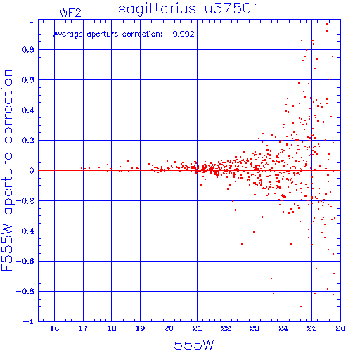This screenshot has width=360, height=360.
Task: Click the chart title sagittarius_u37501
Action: (x=188, y=9)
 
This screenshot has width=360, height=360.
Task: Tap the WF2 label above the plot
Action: (x=70, y=13)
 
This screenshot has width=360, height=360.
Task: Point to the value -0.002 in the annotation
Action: (x=181, y=34)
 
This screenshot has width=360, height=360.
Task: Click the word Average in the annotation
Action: (x=68, y=34)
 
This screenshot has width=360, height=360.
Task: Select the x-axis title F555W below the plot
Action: (x=190, y=345)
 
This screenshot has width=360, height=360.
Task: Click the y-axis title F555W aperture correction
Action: (x=7, y=170)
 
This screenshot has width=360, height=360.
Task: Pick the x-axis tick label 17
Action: (x=83, y=328)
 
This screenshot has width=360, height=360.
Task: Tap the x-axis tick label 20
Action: (x=169, y=328)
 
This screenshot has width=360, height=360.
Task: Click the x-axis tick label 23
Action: (x=255, y=328)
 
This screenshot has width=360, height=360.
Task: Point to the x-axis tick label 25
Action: (x=311, y=328)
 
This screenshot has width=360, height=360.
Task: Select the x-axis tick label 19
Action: (x=140, y=328)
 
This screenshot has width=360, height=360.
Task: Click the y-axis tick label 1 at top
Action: (x=32, y=20)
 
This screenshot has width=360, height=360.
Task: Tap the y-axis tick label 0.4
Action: (x=28, y=110)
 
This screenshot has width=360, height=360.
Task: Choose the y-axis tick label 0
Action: (x=32, y=171)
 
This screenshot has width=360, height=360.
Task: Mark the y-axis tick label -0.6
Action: (x=25, y=261)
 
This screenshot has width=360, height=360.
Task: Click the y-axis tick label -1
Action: (x=28, y=321)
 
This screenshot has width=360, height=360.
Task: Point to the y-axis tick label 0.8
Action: (x=28, y=50)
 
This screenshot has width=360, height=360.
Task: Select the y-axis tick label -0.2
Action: (x=25, y=201)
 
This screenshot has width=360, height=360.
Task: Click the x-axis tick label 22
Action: (x=226, y=328)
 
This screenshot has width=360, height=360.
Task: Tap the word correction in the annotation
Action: (x=142, y=34)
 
